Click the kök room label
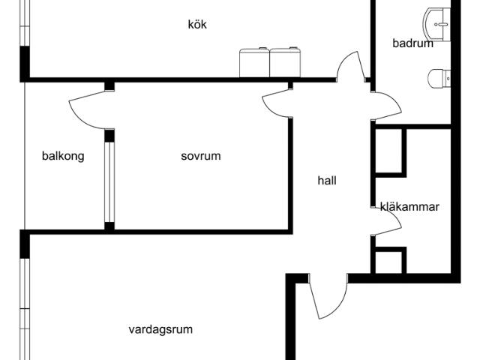tap(197, 24)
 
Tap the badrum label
tap(412, 43)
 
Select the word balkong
tap(63, 156)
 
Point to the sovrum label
tap(201, 156)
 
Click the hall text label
tap(327, 181)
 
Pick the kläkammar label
tap(409, 207)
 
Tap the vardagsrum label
tap(160, 329)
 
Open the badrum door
tap(387, 106)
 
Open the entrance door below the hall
tap(327, 296)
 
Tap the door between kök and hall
tap(349, 67)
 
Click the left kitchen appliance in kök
tap(254, 63)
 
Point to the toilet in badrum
tap(439, 77)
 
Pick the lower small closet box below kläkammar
tap(390, 261)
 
